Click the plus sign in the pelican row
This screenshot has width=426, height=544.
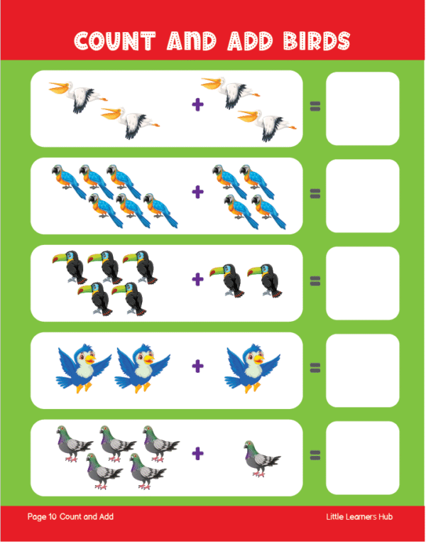pyautogui.click(x=198, y=104)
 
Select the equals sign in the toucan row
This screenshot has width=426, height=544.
pyautogui.click(x=315, y=281)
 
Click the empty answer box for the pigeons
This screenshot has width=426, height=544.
pyautogui.click(x=363, y=457)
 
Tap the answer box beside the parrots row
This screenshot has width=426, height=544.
pyautogui.click(x=363, y=196)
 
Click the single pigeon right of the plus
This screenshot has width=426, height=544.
pyautogui.click(x=262, y=459)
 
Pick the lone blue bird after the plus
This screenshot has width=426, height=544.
pyautogui.click(x=252, y=368)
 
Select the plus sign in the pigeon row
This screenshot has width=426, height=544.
pyautogui.click(x=198, y=453)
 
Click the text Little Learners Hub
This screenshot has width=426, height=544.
pyautogui.click(x=359, y=516)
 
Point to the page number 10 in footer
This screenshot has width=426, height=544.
pyautogui.click(x=53, y=516)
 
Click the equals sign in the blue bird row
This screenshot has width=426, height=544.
pyautogui.click(x=315, y=368)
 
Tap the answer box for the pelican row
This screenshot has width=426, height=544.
pyautogui.click(x=363, y=109)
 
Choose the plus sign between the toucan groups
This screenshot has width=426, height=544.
pyautogui.click(x=198, y=279)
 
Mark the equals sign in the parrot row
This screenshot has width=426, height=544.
pyautogui.click(x=315, y=194)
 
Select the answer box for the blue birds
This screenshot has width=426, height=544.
pyautogui.click(x=363, y=371)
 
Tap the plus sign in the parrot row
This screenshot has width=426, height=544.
pyautogui.click(x=198, y=192)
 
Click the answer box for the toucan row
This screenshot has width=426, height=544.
pyautogui.click(x=363, y=283)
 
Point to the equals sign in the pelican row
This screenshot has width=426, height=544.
pyautogui.click(x=315, y=106)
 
